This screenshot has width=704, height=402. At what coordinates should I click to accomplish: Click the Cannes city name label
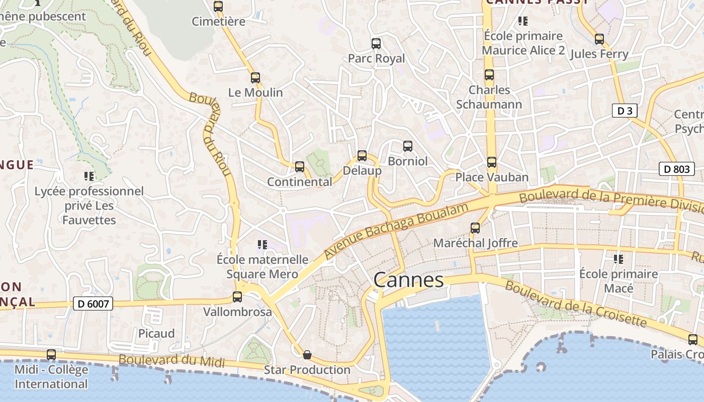408,280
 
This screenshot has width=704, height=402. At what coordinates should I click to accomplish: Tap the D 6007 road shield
93,304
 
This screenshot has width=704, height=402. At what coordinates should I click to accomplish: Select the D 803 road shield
676,169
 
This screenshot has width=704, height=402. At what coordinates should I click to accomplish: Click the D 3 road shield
625,111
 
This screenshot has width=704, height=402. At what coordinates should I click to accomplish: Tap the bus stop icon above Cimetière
218,7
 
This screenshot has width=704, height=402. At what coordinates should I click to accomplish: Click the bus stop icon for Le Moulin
255,78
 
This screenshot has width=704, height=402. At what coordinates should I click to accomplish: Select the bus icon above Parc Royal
376,44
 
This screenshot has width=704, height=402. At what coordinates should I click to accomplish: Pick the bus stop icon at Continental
300,166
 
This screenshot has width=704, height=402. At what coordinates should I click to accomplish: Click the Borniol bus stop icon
408,146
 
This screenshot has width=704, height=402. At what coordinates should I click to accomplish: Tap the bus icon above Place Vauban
492,162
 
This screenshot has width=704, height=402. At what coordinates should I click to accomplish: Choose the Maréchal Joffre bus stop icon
475,228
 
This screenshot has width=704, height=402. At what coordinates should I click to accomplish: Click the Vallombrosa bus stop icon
237,297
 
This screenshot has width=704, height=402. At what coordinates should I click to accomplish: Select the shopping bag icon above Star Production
307,355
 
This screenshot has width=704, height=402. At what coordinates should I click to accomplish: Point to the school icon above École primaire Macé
618,259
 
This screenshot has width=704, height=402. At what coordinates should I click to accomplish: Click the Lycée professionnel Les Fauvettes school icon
89,176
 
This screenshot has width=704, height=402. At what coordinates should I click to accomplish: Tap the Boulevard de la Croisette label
575,304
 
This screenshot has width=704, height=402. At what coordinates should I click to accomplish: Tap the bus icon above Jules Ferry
599,39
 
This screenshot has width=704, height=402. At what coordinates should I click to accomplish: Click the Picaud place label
156,334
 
